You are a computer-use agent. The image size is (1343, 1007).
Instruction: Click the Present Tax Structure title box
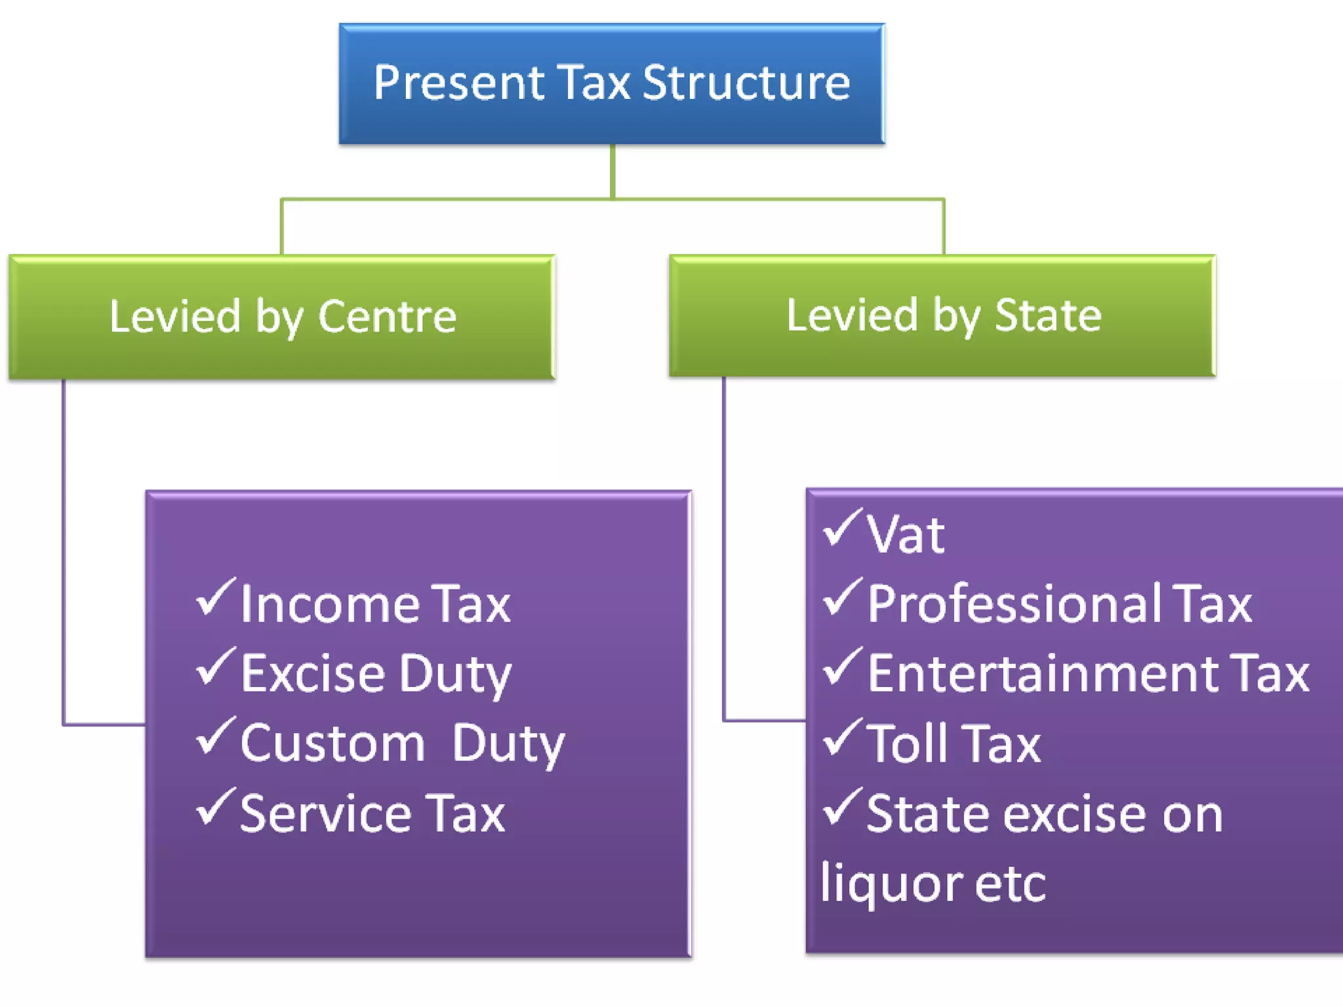[x=611, y=84]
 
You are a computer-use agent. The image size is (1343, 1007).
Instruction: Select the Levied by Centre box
[x=282, y=317]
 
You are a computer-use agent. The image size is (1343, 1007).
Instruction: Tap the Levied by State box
[x=942, y=316]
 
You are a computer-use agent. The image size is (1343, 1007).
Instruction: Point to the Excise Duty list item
[x=376, y=674]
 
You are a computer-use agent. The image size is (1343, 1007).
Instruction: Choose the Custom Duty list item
[x=402, y=744]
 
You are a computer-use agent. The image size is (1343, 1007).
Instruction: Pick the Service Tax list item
[x=372, y=814]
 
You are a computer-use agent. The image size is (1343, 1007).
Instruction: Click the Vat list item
[x=905, y=534]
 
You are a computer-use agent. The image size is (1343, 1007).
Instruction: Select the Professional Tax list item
[x=1059, y=604]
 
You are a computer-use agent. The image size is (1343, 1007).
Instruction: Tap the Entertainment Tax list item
[x=1088, y=674]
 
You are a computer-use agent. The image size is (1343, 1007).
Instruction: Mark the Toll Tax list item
[x=953, y=744]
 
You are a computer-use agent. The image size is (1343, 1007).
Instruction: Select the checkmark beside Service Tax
[x=215, y=806]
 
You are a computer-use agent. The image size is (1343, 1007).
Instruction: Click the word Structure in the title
[x=746, y=83]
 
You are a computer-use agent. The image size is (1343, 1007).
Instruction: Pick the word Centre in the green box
[x=387, y=317]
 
